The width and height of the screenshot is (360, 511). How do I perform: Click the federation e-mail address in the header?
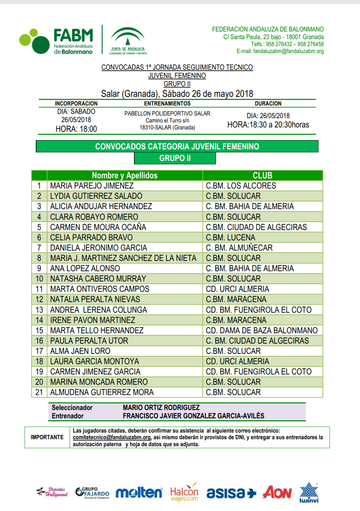[280, 51]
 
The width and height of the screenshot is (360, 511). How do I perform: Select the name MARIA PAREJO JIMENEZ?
[92, 186]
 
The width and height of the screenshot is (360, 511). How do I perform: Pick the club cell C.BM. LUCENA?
[230, 237]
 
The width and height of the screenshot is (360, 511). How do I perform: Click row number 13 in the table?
[39, 310]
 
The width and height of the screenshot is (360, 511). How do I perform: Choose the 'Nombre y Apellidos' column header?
[125, 175]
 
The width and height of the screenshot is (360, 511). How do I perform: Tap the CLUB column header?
[262, 175]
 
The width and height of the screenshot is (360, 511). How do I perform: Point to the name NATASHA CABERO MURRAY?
[98, 279]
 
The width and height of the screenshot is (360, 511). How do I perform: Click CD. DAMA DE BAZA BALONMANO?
[262, 331]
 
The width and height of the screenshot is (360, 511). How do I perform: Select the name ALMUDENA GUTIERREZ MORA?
[102, 393]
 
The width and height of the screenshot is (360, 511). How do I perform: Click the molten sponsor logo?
[139, 493]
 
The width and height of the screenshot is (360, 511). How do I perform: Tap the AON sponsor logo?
[277, 492]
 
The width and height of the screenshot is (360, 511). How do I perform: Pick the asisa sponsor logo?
[231, 493]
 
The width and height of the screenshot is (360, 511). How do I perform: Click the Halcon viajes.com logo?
[184, 493]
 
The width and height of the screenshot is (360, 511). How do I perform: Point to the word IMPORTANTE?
[47, 437]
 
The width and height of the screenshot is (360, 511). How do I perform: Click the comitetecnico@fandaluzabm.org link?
[112, 437]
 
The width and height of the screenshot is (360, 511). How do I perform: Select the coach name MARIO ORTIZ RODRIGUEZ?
[161, 408]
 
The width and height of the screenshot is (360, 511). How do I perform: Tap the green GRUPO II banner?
[175, 158]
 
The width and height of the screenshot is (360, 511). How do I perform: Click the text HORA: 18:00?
[76, 129]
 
